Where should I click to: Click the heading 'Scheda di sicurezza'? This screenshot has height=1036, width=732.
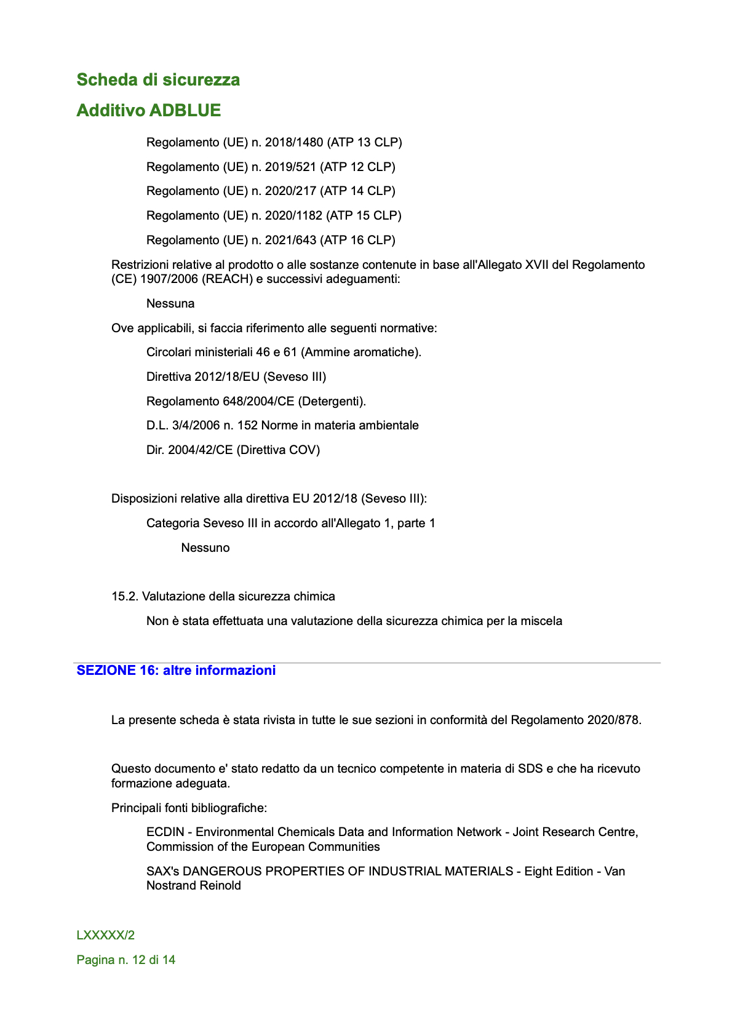[x=158, y=80]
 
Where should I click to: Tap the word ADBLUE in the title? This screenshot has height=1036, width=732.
[x=185, y=111]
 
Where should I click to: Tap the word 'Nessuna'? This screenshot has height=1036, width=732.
[x=170, y=304]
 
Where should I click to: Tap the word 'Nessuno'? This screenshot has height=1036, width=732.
[x=205, y=548]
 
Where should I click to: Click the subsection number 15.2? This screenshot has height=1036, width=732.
[x=125, y=597]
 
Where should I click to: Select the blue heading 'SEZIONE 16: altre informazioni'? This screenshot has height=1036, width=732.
[x=176, y=671]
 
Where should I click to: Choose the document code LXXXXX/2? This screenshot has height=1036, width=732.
[x=106, y=936]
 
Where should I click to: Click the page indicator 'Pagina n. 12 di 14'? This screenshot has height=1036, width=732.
[x=126, y=960]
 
